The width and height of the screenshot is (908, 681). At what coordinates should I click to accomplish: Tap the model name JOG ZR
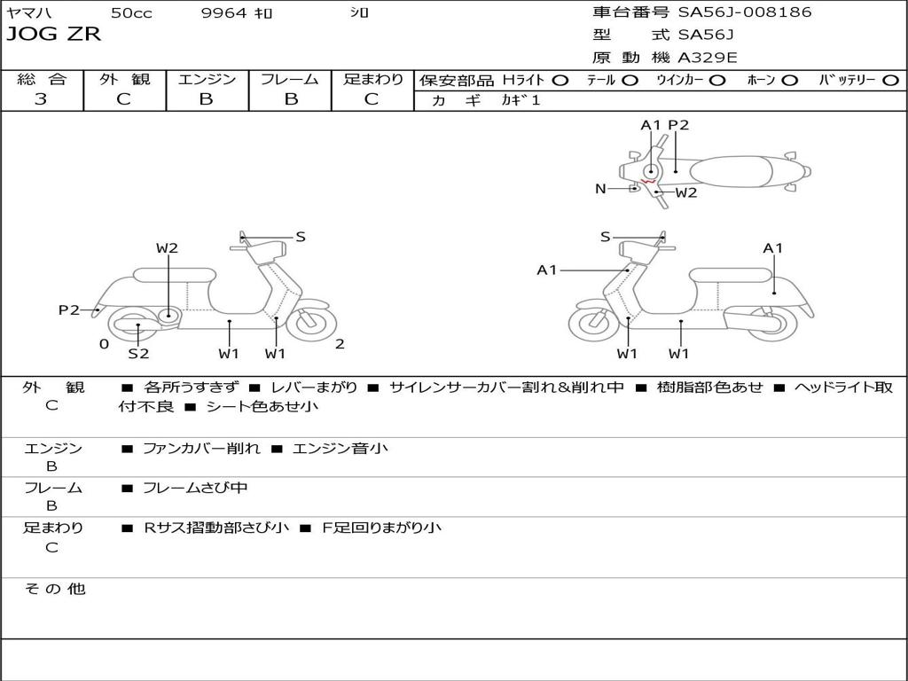(x=53, y=35)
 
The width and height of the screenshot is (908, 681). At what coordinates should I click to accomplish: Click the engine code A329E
(x=708, y=59)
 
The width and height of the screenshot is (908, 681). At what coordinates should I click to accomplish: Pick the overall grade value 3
(x=41, y=99)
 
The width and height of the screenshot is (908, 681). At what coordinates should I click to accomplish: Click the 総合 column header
(x=42, y=79)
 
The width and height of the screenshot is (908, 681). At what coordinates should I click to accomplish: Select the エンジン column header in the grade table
(x=207, y=79)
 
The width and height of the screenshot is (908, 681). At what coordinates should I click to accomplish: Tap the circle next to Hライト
(x=560, y=80)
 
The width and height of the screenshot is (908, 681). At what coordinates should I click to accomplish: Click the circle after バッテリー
(x=890, y=80)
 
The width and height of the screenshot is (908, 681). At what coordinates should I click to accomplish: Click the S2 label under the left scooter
(x=138, y=354)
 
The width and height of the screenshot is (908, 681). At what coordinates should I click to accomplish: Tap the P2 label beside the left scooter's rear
(x=69, y=309)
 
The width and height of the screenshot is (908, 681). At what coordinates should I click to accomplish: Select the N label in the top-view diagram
(x=600, y=188)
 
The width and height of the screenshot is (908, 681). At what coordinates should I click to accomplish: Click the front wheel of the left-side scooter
(x=309, y=323)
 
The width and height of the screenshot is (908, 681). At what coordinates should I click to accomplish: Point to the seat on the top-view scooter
(x=736, y=171)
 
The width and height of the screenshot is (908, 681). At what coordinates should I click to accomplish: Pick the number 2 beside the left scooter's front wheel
(x=340, y=344)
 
